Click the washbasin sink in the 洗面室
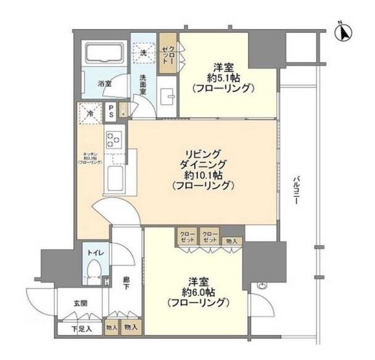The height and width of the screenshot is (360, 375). (168, 99)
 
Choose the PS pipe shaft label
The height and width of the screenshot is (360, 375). (110, 113)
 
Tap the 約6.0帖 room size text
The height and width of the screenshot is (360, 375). (197, 292)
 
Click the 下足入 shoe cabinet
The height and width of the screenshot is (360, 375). (81, 327)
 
